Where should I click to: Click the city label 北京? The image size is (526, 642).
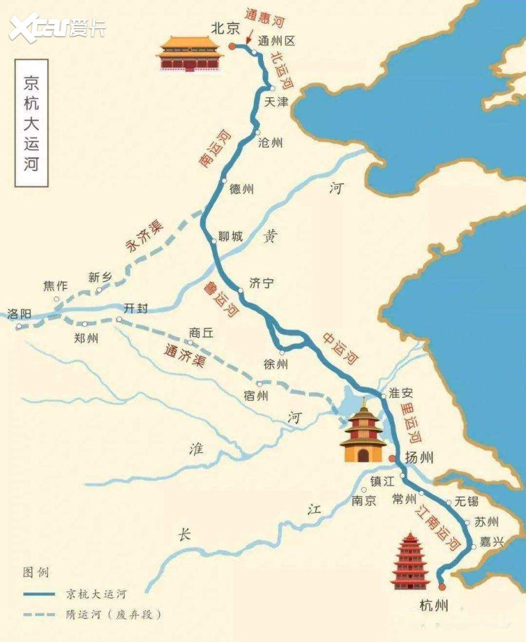click(225, 28)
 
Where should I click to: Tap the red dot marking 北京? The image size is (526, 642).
click(232, 46)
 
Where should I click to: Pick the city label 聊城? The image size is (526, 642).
click(230, 236)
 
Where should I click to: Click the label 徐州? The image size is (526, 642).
click(275, 364)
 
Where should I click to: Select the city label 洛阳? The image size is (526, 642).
click(19, 314)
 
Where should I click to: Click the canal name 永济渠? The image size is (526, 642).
click(143, 237)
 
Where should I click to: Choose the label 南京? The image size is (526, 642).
click(364, 500)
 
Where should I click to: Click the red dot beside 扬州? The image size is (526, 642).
click(392, 459)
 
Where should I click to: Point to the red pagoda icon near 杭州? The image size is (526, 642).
click(410, 562)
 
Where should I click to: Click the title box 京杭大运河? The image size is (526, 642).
click(31, 123)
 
